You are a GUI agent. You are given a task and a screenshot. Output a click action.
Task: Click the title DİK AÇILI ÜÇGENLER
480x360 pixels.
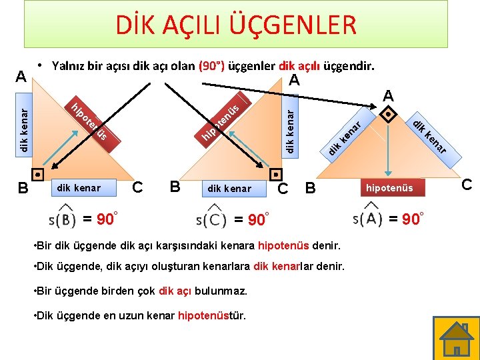tap(236, 26)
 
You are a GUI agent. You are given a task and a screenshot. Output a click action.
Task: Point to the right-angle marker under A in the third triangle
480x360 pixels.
tap(388, 113)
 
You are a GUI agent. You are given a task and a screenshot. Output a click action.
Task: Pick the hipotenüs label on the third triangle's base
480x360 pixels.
tap(389, 188)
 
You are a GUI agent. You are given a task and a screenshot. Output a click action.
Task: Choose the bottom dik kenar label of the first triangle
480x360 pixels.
tap(79, 188)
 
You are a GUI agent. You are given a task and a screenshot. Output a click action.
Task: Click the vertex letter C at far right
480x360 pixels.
tap(466, 184)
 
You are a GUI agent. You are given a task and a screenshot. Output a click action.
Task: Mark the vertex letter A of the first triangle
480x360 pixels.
tap(21, 75)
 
